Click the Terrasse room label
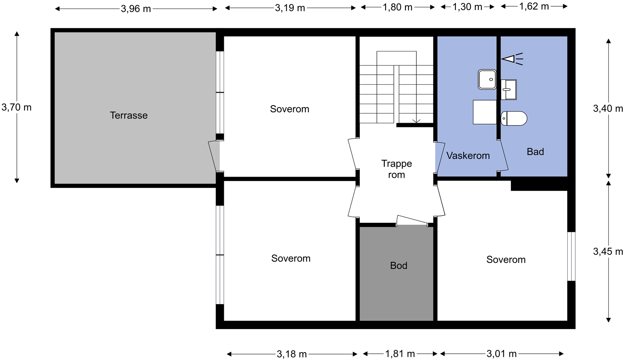tap(129, 115)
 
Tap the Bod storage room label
tap(398, 265)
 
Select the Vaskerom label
tap(468, 156)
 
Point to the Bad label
tap(535, 152)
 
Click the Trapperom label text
tap(396, 169)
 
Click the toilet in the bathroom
tap(514, 118)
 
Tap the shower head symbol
tap(512, 59)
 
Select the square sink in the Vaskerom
tap(487, 80)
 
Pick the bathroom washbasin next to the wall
tap(508, 90)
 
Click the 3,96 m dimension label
tap(136, 9)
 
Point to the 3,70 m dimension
tap(16, 107)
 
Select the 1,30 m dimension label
tap(467, 7)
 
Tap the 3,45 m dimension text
tap(608, 252)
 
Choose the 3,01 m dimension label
tap(502, 354)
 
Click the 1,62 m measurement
tap(534, 6)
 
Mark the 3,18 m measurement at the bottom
tap(291, 354)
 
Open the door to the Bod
tap(412, 220)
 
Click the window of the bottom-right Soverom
tap(571, 256)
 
